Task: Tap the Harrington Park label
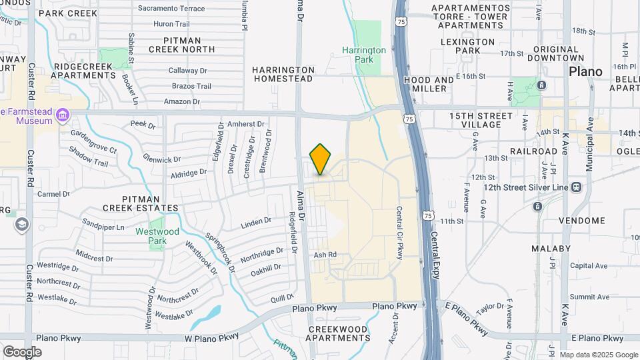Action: [364, 55]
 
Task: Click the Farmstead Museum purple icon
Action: [63, 115]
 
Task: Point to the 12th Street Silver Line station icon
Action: [577, 187]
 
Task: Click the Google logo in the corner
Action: [22, 351]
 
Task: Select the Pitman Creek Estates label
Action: [141, 203]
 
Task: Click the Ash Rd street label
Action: [325, 255]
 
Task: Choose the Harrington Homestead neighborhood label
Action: [283, 74]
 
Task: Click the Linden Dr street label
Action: [257, 221]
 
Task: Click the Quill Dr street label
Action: [281, 299]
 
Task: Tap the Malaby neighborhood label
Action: [551, 249]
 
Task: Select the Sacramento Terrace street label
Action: [171, 8]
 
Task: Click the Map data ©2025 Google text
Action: [598, 355]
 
